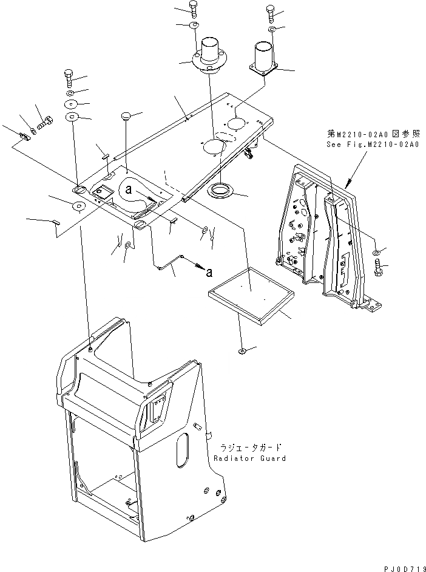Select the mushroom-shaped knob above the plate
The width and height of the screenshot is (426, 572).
point(127,115)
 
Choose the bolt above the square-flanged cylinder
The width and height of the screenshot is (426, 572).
point(269,12)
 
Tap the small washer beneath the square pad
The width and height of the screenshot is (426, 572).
point(242,351)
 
